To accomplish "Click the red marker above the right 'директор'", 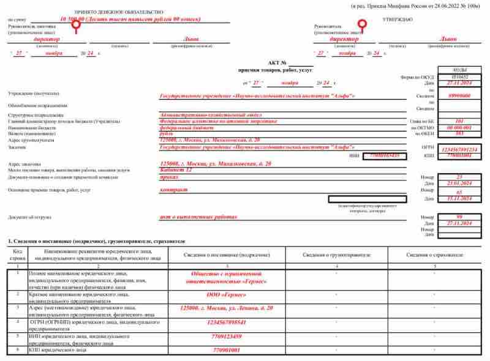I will (361, 24).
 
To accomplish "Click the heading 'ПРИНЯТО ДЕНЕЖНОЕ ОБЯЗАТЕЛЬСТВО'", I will (119, 12).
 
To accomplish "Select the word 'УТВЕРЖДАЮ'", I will (399, 20).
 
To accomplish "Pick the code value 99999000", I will (458, 96).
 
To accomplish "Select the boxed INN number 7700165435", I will (385, 155).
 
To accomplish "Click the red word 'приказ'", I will (168, 176).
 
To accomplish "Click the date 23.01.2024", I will (458, 183).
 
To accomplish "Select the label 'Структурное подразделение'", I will (36, 114).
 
